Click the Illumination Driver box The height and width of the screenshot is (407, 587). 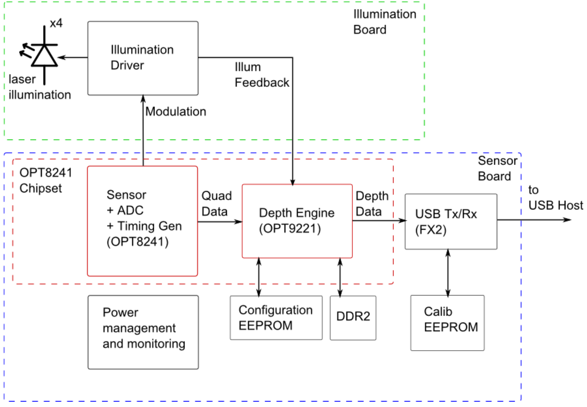(143, 58)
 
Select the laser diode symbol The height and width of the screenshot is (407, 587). (44, 55)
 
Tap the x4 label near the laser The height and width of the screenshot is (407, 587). (56, 23)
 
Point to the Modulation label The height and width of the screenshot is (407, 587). (176, 111)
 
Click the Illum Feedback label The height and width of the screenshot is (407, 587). (261, 75)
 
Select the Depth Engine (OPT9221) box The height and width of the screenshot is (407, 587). (297, 221)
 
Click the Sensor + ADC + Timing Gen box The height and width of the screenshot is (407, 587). (142, 221)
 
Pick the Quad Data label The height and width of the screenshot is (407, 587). (216, 203)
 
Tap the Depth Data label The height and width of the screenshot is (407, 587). (372, 203)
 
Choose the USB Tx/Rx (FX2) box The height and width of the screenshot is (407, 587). (451, 221)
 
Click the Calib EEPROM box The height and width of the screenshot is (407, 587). (447, 323)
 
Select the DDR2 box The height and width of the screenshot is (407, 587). (353, 318)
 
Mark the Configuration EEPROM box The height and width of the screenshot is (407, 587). (276, 318)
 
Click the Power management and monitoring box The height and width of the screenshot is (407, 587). (143, 332)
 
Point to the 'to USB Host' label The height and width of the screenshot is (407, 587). (555, 198)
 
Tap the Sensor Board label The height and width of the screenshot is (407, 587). (497, 168)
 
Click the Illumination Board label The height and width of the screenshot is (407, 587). (384, 22)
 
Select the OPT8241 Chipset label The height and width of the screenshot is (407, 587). (45, 180)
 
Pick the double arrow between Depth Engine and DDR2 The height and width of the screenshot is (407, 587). (340, 277)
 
